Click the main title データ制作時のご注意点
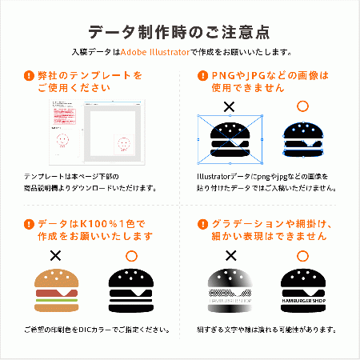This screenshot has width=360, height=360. coord(179,32)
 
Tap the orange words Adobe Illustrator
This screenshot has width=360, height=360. coord(154,52)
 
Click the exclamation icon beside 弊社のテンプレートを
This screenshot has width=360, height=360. coord(30,76)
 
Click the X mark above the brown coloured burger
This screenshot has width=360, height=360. coord(56,256)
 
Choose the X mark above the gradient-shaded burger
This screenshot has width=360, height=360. coord(230,256)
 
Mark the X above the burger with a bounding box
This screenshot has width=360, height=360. coord(230,106)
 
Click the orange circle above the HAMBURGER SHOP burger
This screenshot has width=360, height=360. coord(302,256)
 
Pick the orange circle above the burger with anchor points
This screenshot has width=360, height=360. coord(302,106)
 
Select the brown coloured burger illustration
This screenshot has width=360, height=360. coord(56,290)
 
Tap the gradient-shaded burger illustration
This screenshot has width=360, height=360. coord(230,290)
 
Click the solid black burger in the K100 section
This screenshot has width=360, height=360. coord(130,290)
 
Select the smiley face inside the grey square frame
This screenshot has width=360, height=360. coord(124,144)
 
